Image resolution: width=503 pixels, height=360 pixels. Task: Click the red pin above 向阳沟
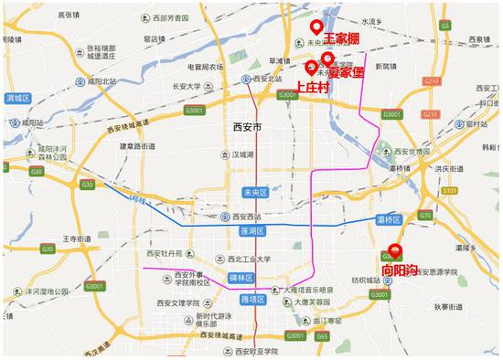point(395,250)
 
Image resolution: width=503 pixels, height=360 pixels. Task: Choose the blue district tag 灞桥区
point(389,220)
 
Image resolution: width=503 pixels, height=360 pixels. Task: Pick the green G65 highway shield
point(322,336)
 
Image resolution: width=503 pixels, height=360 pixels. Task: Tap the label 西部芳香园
point(174,17)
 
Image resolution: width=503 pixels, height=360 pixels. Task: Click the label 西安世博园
point(420,149)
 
